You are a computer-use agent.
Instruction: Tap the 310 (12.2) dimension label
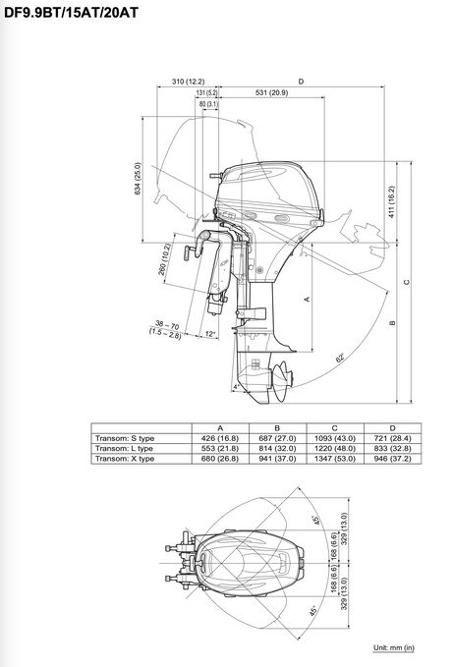[x=187, y=82]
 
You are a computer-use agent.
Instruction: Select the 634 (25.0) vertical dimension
[x=138, y=179]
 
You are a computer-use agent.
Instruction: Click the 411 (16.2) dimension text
[x=390, y=202]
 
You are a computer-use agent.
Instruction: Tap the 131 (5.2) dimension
[x=206, y=93]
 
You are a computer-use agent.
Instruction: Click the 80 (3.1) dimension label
[x=207, y=103]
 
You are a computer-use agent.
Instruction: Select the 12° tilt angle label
[x=209, y=334]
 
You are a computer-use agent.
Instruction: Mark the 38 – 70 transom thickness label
[x=167, y=325]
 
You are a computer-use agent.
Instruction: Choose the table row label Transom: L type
[x=125, y=448]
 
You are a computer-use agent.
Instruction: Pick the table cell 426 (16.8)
[x=220, y=438]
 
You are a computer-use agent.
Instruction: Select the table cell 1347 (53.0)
[x=335, y=458]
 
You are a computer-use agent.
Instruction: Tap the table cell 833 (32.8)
[x=392, y=448]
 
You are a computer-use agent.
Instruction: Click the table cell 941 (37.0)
[x=277, y=458]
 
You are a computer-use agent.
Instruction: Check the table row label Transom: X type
[x=125, y=458]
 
